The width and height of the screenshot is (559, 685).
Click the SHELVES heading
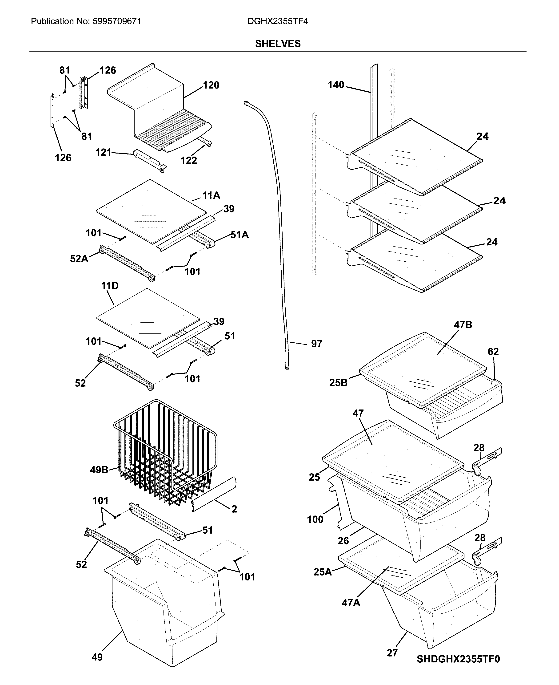278,44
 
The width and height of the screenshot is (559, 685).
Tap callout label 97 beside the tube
316,344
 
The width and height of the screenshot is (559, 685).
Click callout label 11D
110,285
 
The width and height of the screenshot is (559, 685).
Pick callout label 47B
463,325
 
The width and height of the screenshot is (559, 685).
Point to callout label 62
493,352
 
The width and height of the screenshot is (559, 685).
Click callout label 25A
322,572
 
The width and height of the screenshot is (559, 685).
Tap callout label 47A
351,603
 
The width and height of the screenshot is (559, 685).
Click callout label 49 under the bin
97,657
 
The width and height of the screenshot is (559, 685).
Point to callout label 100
315,519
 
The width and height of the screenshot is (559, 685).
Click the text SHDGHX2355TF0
458,668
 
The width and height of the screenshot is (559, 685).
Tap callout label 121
103,152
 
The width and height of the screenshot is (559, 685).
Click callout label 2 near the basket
234,509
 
